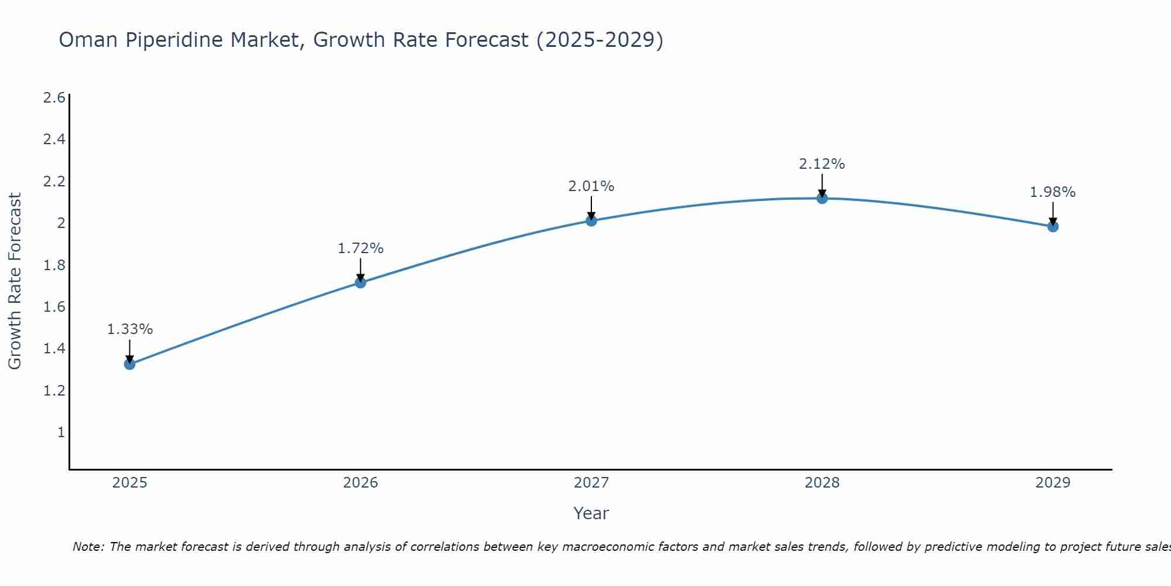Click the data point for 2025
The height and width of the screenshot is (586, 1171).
pos(129,364)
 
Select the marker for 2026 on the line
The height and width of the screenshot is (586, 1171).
pos(360,282)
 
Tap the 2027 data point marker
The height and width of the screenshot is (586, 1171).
pos(591,220)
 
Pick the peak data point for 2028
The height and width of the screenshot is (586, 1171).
pos(821,198)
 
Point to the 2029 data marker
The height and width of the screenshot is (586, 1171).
pos(1052,226)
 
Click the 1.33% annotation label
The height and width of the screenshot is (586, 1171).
pos(129,329)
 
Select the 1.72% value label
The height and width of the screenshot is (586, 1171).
pos(360,248)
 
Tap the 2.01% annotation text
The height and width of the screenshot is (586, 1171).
pos(591,186)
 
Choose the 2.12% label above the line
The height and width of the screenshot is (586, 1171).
pos(821,164)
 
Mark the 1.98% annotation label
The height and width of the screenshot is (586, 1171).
pos(1052,192)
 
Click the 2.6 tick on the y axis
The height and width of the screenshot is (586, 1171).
pos(54,97)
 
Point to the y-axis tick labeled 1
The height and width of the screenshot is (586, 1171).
pos(60,432)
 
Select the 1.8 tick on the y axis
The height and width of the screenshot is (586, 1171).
pos(54,265)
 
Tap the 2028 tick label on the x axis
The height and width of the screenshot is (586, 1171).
pos(821,483)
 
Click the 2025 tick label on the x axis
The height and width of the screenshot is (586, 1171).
pos(129,483)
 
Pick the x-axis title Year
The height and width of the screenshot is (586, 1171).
pos(591,513)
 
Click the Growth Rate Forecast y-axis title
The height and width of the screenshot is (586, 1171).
pos(15,281)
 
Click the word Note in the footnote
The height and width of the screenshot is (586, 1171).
pos(88,547)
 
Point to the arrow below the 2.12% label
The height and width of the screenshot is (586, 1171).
pos(821,186)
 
